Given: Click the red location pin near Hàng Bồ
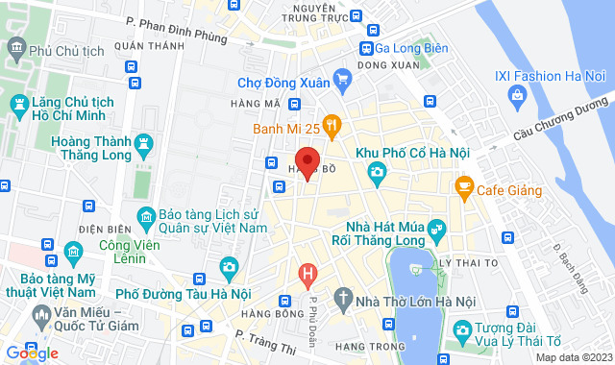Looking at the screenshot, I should [307, 161].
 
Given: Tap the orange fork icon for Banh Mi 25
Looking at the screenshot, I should [332, 124].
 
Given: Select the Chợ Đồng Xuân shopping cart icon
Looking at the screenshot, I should [341, 78].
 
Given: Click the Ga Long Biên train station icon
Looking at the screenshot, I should [367, 49].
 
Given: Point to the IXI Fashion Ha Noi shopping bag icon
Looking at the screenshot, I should [518, 94].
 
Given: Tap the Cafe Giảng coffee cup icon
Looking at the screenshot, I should [465, 185].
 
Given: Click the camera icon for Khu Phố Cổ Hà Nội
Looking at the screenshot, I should [377, 172].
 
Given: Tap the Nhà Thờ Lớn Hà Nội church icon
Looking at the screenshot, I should [343, 297].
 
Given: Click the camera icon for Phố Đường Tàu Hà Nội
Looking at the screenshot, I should [228, 266].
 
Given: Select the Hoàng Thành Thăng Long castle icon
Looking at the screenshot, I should [145, 145].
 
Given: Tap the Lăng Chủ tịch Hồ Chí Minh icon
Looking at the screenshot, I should [18, 102].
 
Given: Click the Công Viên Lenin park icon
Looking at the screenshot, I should [74, 252].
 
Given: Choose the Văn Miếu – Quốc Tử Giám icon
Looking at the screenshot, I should [40, 315].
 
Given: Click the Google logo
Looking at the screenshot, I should [31, 353].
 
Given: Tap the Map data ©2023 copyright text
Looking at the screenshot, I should [573, 357].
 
